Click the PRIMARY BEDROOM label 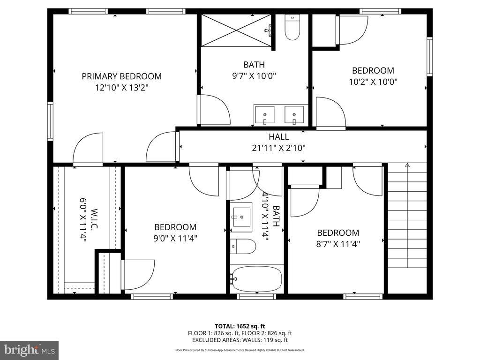coord(121,76)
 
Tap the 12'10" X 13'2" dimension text coord(121,88)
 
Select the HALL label coord(278,136)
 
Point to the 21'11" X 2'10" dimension coord(278,148)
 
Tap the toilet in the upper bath coord(292,28)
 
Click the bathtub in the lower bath coord(257,279)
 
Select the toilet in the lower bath coord(243,247)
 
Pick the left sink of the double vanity coord(264,115)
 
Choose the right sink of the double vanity coord(294,115)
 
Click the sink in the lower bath coord(241,217)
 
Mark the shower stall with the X coord(236,30)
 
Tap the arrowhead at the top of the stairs coord(407,165)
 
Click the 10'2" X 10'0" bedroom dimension coord(373,82)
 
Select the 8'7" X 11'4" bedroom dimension coord(338,244)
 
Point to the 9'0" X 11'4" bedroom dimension coord(175,239)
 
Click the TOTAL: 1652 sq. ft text coord(240,326)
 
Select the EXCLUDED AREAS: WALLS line coord(240,340)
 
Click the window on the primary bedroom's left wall coord(50,121)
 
